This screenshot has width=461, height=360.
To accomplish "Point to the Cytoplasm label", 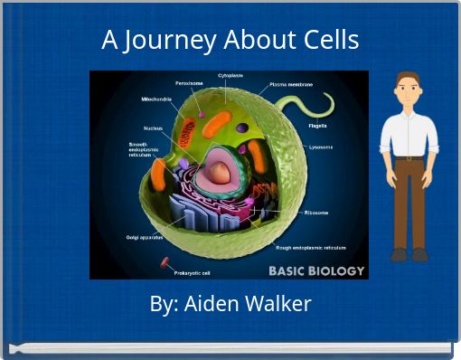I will click(x=230, y=76).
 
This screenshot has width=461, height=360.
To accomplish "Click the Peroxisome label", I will click(x=189, y=83).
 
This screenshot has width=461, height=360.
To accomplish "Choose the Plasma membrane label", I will click(x=291, y=84).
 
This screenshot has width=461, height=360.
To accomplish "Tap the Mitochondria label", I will click(x=157, y=99).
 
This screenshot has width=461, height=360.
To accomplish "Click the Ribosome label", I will click(x=315, y=213).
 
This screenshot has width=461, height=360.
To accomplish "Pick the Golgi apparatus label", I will click(x=144, y=237).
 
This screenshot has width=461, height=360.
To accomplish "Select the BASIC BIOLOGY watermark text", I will click(x=315, y=270).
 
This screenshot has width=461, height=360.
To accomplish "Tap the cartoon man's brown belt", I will click(x=409, y=158).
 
